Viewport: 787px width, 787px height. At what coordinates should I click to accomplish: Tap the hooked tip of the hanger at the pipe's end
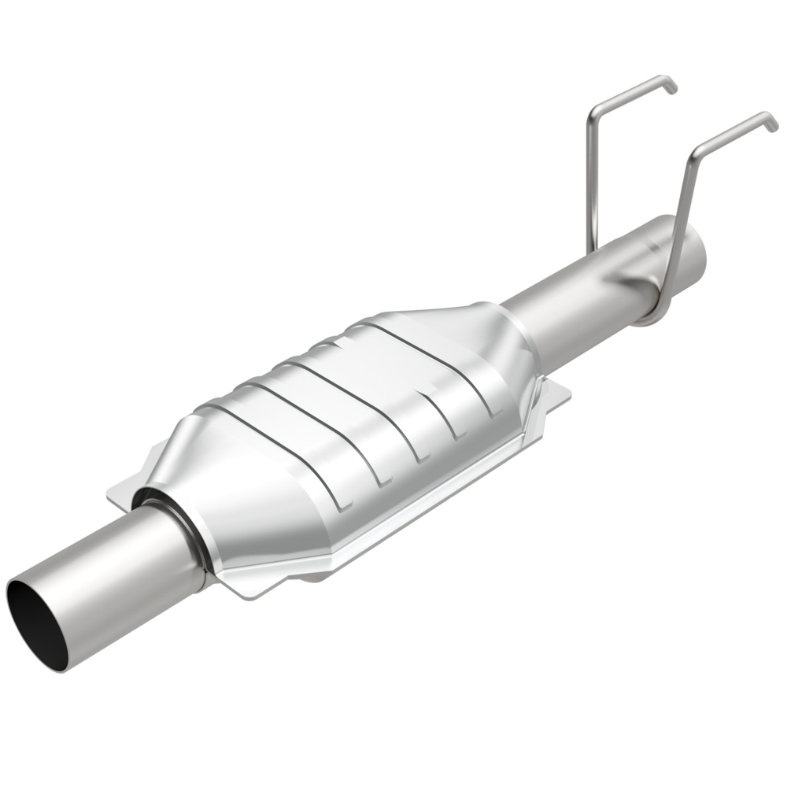pos(771,122)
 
